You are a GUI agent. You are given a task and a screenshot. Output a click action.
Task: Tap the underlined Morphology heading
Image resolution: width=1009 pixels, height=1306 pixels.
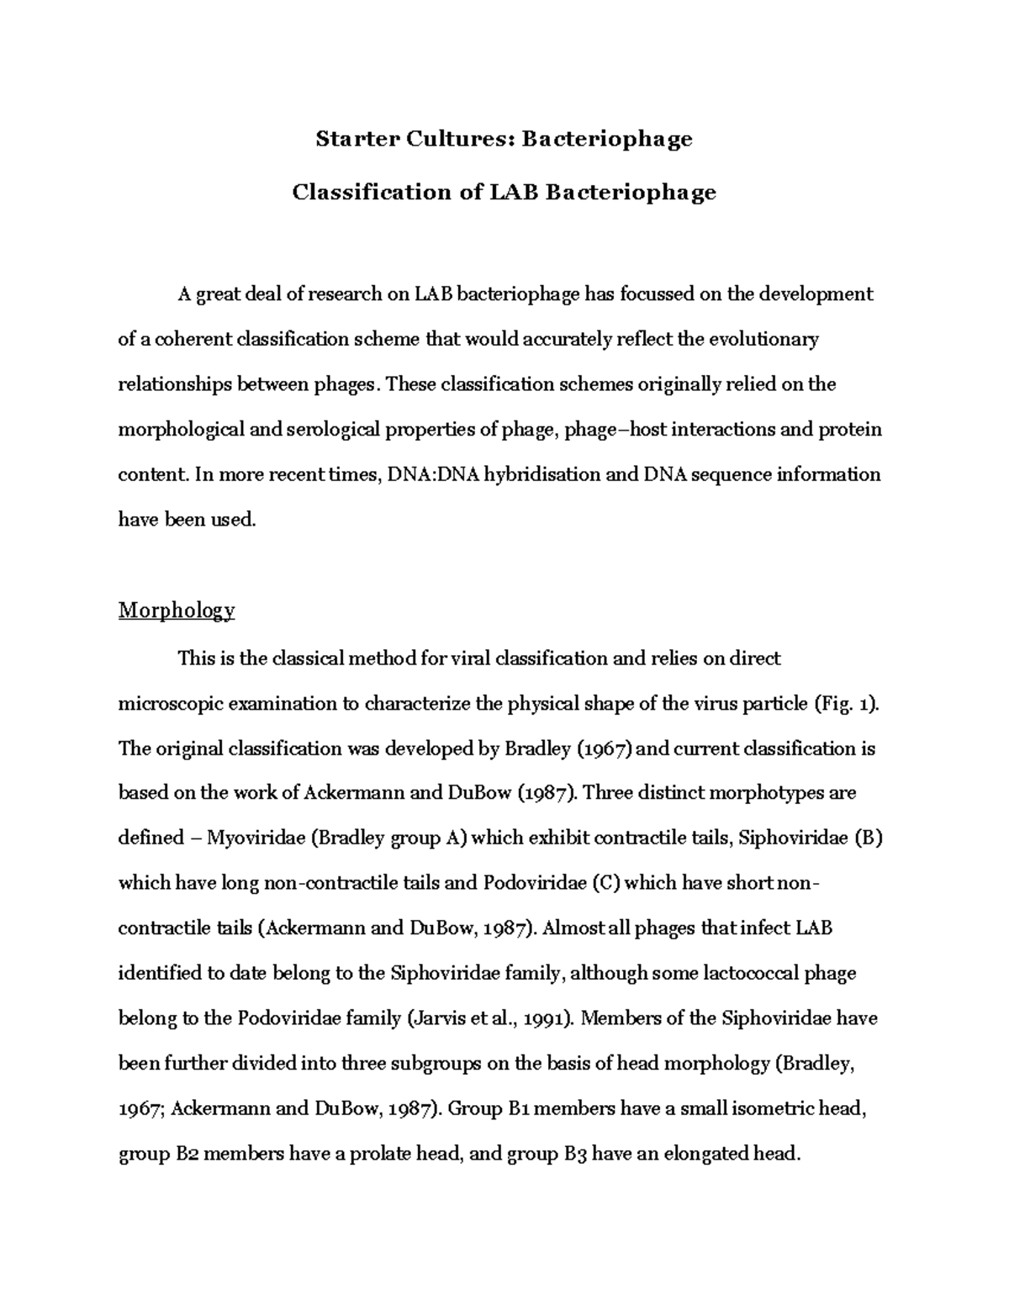coord(177,610)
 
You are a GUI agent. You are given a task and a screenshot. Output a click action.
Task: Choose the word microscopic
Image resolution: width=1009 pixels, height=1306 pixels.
coord(171,704)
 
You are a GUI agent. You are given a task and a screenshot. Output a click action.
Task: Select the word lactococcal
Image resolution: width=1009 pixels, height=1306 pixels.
coord(728,974)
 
